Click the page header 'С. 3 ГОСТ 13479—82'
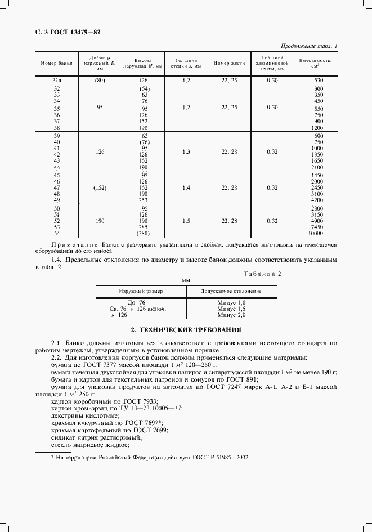point(64,33)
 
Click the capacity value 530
point(319,81)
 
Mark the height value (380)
point(144,233)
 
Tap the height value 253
point(144,199)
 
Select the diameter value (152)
point(100,187)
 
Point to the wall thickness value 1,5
point(186,221)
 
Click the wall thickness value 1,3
point(186,151)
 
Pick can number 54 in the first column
point(57,233)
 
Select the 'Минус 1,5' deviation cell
point(231,309)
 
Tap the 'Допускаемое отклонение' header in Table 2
point(231,292)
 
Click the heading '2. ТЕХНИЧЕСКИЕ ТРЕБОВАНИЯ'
point(186,329)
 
